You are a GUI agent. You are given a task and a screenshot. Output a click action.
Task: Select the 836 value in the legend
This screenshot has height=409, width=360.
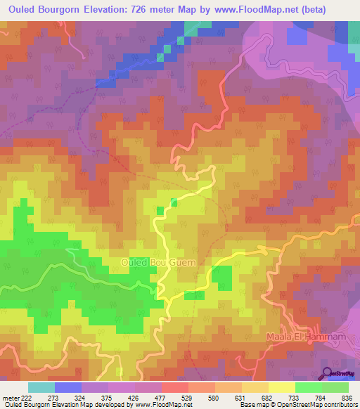[x=347, y=398]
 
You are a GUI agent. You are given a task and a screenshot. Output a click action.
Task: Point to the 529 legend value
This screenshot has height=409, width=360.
[x=187, y=398]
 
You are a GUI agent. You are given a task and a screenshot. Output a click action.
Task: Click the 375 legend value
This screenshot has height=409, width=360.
[x=108, y=398]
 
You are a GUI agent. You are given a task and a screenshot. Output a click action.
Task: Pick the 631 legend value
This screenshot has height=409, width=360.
[x=240, y=398]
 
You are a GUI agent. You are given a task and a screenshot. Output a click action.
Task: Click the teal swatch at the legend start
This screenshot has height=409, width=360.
[x=41, y=387]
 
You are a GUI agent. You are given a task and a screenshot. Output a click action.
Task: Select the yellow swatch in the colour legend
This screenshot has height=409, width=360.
[x=282, y=387]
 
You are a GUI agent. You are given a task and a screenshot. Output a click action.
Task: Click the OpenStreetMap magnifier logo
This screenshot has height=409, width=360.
[x=327, y=373]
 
